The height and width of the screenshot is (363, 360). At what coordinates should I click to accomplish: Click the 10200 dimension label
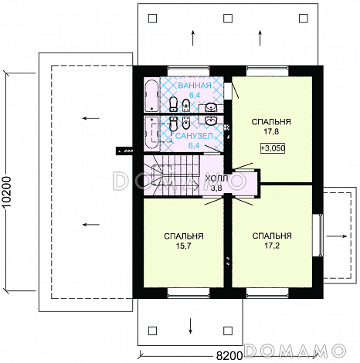point(8,192)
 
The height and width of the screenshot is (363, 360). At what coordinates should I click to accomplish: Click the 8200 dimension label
point(229,356)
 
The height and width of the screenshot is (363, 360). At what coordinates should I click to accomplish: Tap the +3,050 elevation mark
point(273,148)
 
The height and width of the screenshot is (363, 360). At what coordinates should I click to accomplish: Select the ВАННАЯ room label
point(195,85)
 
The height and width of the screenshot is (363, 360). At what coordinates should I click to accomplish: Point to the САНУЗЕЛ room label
point(194,136)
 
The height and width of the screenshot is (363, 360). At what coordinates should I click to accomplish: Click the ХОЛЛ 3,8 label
point(216,183)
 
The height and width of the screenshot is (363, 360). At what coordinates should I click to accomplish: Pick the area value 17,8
point(271,131)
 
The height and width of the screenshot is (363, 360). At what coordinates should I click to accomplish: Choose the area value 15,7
point(183,246)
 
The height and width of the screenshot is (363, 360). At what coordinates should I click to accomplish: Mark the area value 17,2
point(272,246)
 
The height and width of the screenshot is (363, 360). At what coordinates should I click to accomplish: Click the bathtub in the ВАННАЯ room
point(151,96)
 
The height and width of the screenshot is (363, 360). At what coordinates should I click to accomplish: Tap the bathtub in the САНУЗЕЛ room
point(151,133)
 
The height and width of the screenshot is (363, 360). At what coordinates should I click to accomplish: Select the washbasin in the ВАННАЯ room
point(212,107)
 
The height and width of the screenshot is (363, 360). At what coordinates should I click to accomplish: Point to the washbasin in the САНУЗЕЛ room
point(212,120)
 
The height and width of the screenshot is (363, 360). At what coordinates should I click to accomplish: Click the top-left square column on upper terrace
point(152,19)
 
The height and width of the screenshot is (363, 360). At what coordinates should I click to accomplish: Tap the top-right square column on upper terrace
point(304,19)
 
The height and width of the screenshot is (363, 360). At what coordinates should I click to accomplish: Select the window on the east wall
point(319,235)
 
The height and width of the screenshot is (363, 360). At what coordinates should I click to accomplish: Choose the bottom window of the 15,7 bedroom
point(188,293)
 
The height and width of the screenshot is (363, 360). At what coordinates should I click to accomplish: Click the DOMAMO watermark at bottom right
point(294,351)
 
